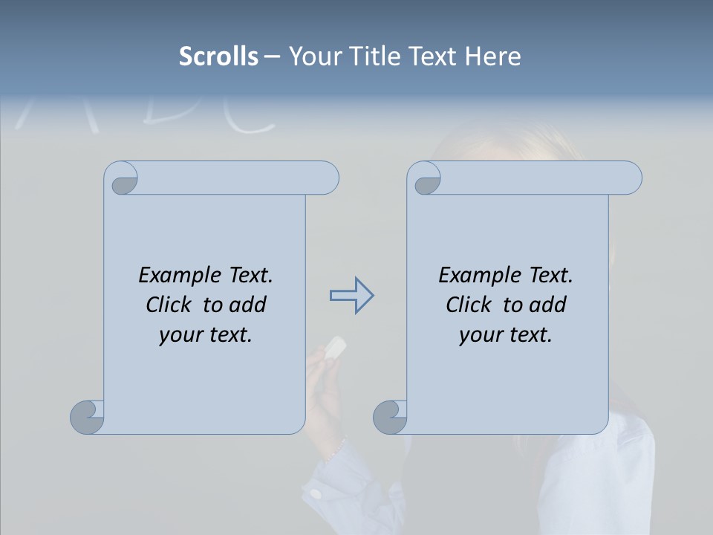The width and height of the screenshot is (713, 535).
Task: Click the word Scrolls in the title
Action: point(218,56)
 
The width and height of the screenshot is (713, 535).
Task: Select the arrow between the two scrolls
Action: point(351,296)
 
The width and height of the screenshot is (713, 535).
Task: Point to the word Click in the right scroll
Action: point(468,305)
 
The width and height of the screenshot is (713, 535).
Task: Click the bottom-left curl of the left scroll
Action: point(87,417)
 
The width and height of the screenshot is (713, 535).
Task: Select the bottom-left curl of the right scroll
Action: point(390,417)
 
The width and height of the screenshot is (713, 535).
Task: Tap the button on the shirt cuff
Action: point(316,493)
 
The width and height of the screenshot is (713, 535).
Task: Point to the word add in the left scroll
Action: point(247,305)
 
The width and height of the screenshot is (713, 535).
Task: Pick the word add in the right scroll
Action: point(547,305)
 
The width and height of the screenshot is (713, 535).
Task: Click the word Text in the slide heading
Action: point(432,56)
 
